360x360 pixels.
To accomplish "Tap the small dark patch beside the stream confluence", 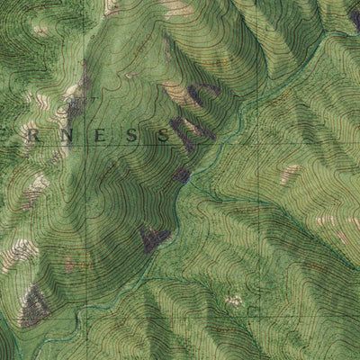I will [x=183, y=174].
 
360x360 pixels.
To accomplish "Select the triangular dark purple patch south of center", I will [x=155, y=238].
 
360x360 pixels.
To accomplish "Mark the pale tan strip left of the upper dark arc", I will [x=176, y=93].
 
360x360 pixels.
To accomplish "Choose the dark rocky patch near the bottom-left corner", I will [x=34, y=306].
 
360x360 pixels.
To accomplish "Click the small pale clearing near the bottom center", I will [x=234, y=301].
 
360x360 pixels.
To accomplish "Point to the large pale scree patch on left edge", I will [x=18, y=256].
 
